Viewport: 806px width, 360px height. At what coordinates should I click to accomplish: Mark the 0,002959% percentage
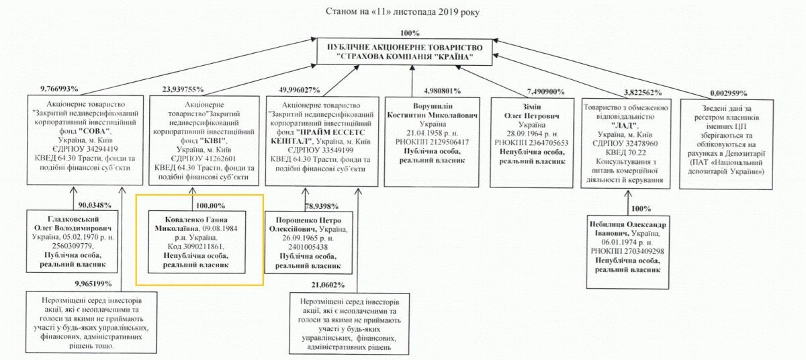[x=727, y=93]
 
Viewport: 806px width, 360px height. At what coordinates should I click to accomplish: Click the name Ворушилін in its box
[x=431, y=107]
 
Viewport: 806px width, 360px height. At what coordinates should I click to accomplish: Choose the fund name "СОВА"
[x=97, y=131]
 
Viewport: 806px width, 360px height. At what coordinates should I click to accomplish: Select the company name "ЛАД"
[x=624, y=125]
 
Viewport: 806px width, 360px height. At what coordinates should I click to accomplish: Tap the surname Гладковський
[x=72, y=220]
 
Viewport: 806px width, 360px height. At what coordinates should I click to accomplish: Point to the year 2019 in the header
[x=444, y=11]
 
